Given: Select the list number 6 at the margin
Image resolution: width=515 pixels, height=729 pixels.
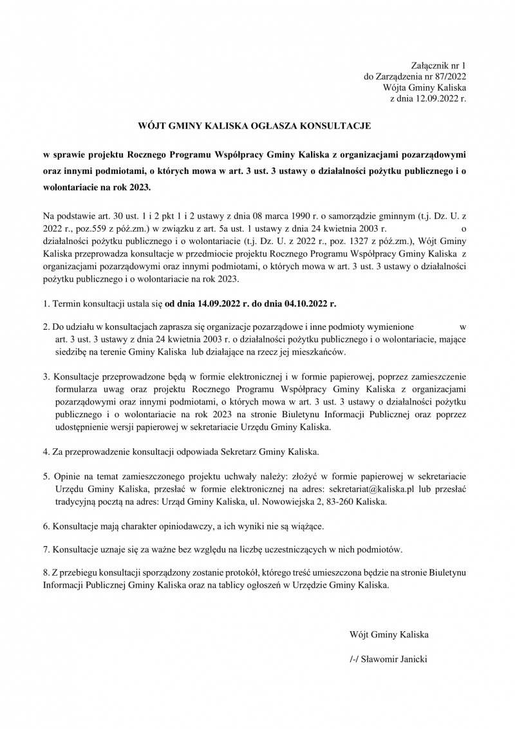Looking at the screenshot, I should point(46,525).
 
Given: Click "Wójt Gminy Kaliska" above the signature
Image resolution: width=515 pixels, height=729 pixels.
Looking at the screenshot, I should point(388,634).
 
